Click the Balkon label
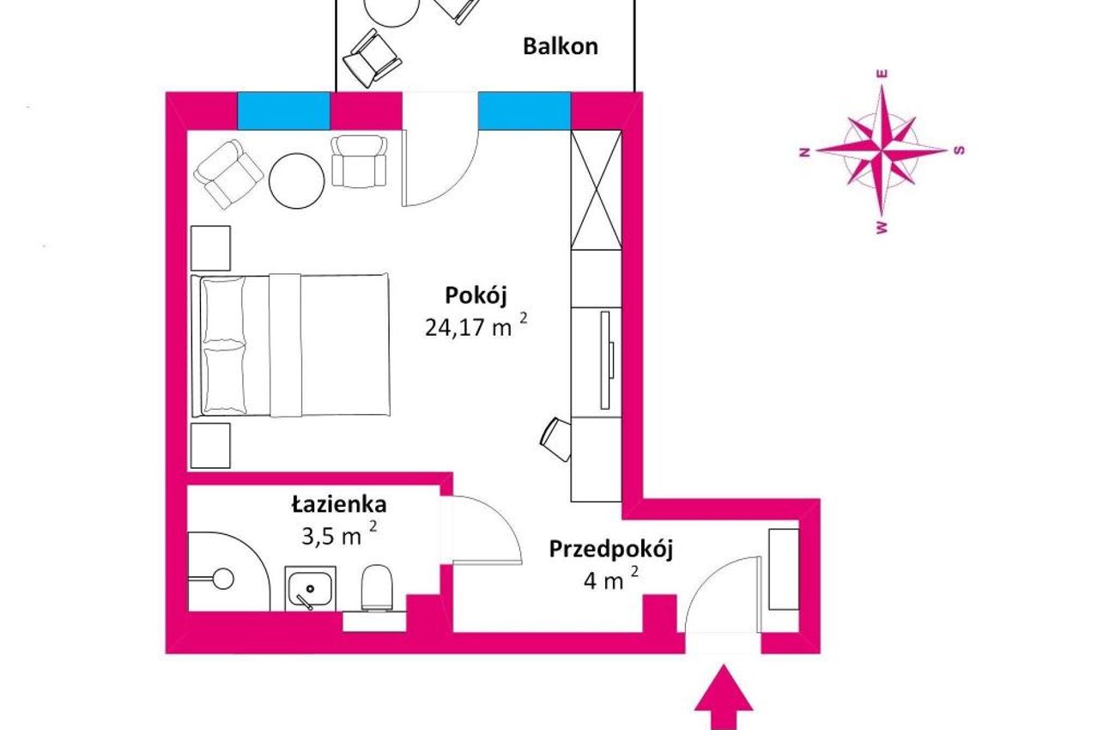561,46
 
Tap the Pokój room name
476,296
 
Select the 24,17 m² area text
476,326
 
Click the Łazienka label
339,504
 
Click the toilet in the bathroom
377,588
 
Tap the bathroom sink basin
311,588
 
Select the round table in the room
296,181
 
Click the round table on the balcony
390,11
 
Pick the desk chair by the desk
556,439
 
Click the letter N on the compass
804,152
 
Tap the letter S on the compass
960,150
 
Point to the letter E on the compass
882,74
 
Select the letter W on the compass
882,228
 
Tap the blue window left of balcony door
283,111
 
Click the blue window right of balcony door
525,111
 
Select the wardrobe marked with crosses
596,190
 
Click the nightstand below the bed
210,446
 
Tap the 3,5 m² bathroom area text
339,535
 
